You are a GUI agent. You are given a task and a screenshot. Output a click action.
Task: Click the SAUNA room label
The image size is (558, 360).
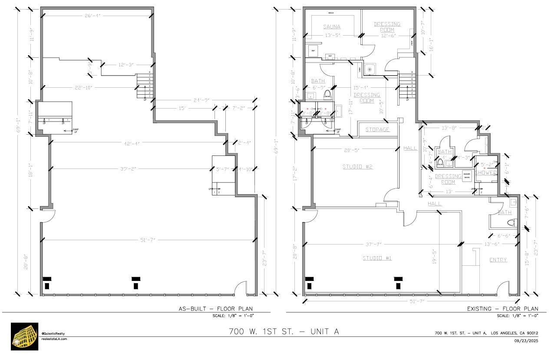pyautogui.click(x=332, y=27)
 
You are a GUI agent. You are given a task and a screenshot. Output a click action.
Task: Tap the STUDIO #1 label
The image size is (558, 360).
pyautogui.click(x=377, y=258)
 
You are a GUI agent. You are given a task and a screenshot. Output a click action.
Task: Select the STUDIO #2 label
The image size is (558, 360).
pyautogui.click(x=357, y=167)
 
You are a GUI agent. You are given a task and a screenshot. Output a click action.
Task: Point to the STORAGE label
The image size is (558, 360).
pyautogui.click(x=377, y=130)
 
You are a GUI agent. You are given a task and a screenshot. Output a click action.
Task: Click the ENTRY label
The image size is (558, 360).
pyautogui.click(x=498, y=260)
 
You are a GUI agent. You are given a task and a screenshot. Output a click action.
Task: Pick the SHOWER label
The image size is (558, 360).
pyautogui.click(x=486, y=172)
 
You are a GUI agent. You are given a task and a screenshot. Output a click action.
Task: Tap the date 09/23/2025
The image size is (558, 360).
pyautogui.click(x=526, y=340)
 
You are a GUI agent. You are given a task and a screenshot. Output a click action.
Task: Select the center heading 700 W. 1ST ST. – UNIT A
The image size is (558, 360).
pyautogui.click(x=284, y=332)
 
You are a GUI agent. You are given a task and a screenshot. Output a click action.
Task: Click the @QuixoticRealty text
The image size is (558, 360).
pyautogui.click(x=53, y=334)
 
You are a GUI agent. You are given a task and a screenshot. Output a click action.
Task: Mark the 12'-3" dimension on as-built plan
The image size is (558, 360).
pyautogui.click(x=125, y=65)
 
